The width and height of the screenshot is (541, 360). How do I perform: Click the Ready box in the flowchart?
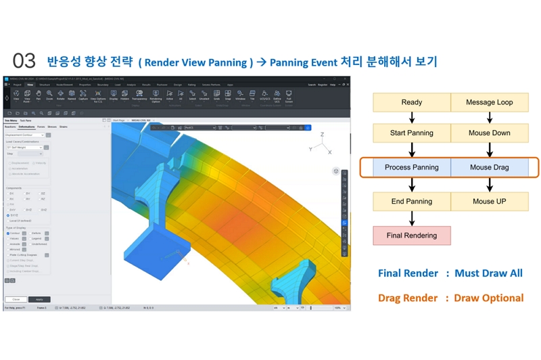pos(412,102)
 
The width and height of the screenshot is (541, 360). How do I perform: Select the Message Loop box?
pos(490,102)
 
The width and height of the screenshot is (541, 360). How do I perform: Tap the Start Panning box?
pos(412,133)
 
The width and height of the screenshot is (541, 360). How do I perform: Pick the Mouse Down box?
pos(490,133)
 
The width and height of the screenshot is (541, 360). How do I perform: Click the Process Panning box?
pos(412,167)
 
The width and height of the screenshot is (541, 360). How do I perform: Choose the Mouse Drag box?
pos(490,167)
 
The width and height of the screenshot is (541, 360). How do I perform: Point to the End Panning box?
pos(412,201)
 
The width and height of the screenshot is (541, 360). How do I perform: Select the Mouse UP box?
pos(490,201)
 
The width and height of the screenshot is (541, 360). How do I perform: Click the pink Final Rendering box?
pos(412,235)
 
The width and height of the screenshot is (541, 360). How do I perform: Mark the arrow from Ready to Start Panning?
pos(412,118)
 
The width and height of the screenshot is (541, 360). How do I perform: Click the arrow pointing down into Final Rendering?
pos(412,218)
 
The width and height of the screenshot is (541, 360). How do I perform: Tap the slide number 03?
pos(24,62)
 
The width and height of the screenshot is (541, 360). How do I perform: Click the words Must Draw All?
pos(488,273)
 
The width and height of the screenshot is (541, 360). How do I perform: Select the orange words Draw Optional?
pos(488,298)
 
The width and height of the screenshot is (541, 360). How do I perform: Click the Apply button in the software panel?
pos(39,299)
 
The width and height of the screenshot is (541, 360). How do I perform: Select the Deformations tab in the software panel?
pos(27,127)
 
